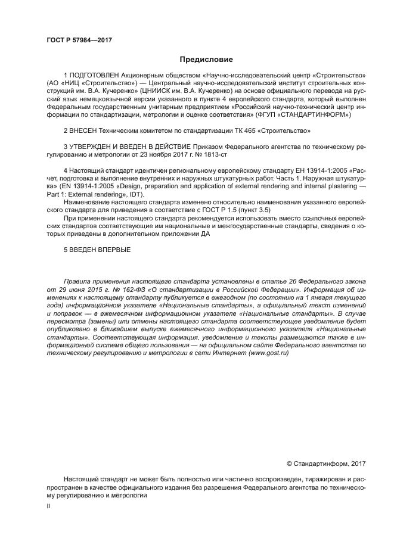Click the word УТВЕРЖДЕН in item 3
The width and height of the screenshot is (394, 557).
95,146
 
